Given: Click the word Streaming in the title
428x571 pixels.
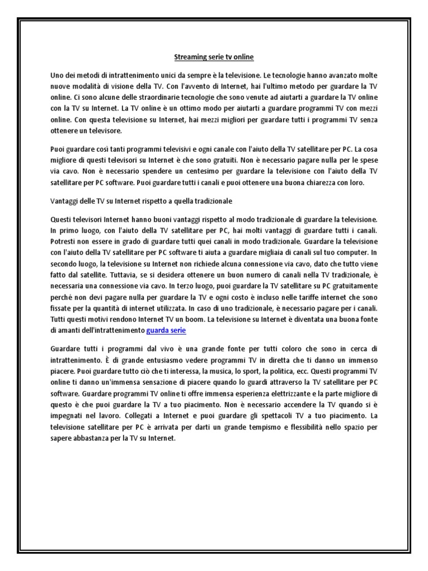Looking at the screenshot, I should coord(191,56).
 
